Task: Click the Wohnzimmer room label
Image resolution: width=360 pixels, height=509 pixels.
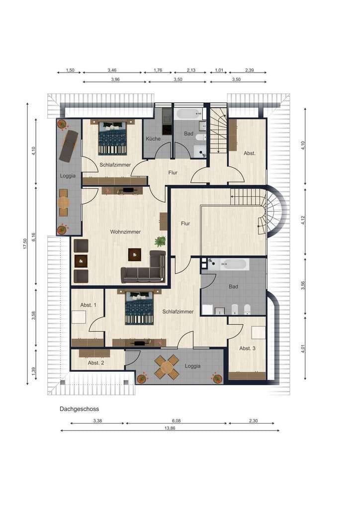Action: click(x=125, y=232)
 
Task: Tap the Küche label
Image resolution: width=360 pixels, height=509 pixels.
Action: click(x=153, y=139)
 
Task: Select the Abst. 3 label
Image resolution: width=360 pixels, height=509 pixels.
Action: click(x=247, y=348)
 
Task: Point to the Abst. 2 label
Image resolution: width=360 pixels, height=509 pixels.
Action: click(x=96, y=363)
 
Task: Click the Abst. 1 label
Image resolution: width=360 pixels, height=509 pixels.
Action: click(x=89, y=305)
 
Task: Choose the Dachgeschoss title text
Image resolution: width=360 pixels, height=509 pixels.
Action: click(x=79, y=409)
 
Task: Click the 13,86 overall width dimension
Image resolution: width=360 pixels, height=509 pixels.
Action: click(x=170, y=428)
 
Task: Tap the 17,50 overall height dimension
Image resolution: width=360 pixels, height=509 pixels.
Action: click(x=25, y=244)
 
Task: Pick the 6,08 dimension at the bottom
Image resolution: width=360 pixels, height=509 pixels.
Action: click(x=176, y=421)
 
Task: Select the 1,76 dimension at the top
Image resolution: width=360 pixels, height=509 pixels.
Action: click(x=158, y=70)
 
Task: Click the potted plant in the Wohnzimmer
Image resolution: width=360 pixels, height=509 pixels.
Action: click(x=160, y=241)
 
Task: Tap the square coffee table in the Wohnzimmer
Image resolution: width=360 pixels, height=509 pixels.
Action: click(x=134, y=254)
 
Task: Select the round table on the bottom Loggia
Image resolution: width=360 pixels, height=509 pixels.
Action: click(x=167, y=367)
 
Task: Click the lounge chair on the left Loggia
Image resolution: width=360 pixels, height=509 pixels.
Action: click(x=69, y=146)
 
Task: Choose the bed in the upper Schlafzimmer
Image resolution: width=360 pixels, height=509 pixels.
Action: click(x=112, y=138)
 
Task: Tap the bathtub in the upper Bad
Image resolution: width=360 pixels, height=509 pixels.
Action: click(x=188, y=114)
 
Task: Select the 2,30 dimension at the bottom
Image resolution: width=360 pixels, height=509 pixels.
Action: click(x=253, y=421)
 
